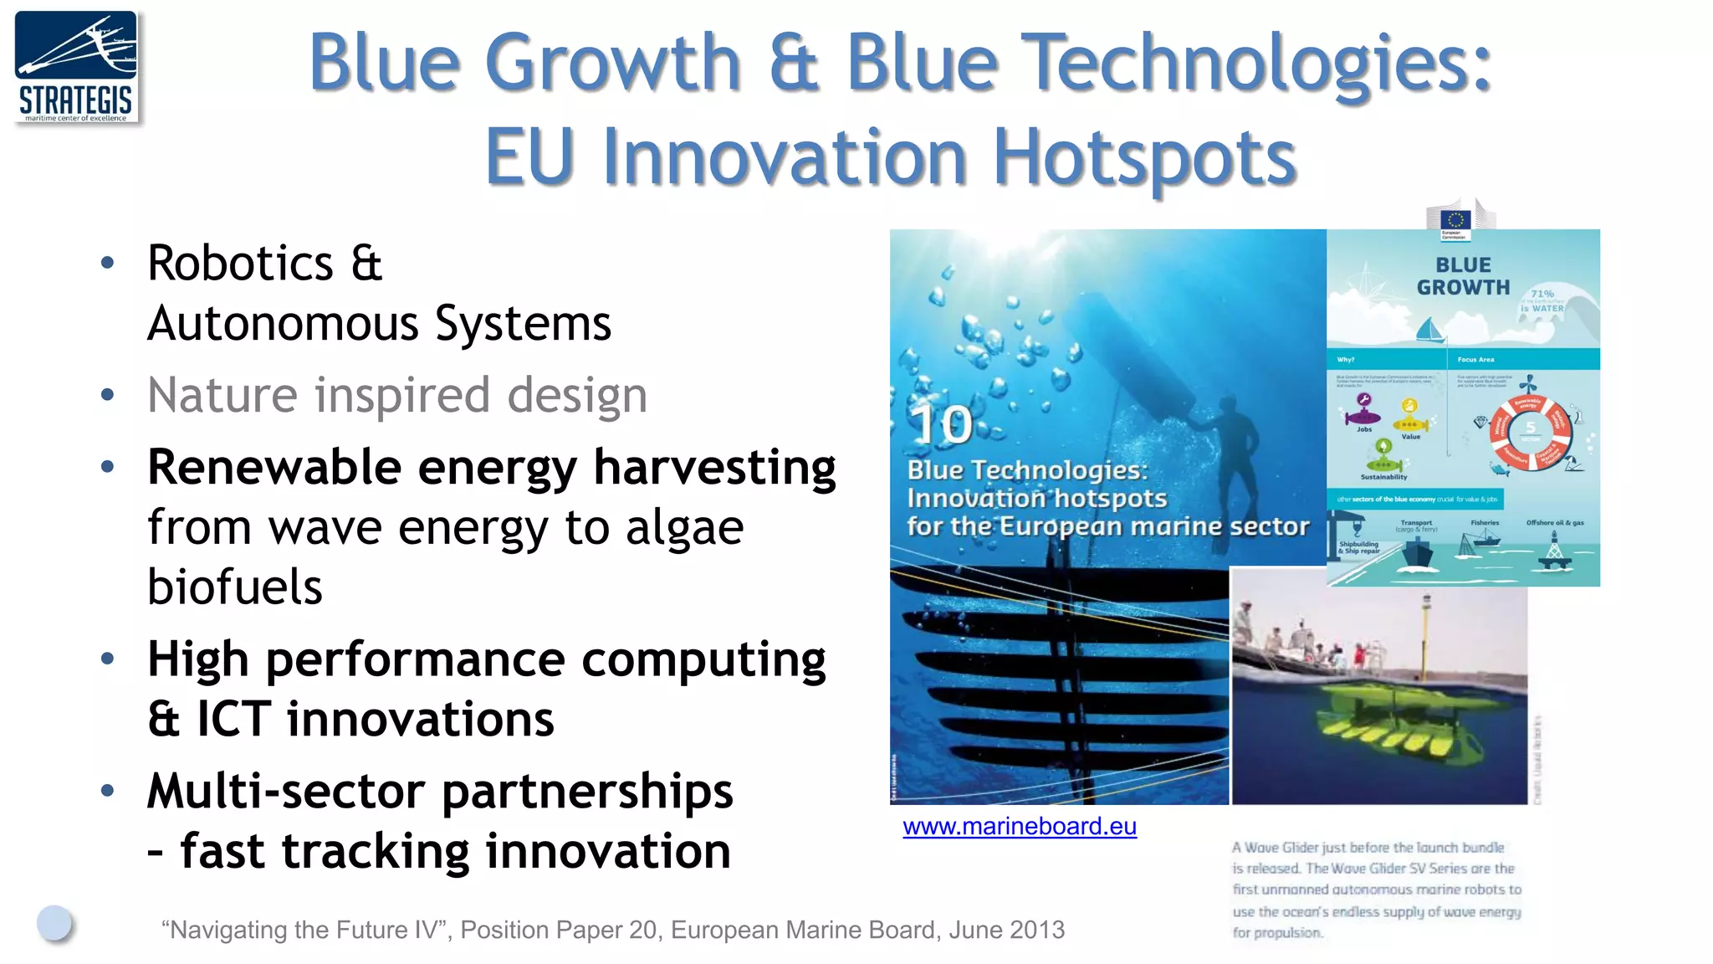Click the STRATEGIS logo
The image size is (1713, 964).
point(76,67)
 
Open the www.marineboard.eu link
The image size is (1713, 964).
point(1019,827)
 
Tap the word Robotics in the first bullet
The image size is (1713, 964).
point(241,264)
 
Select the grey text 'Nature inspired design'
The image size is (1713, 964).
point(397,395)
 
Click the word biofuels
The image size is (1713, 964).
point(235,587)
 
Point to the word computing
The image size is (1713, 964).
point(703,660)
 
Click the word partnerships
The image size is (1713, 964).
point(587,792)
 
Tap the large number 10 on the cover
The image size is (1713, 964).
point(942,425)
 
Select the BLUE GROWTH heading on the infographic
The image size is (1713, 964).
point(1463,276)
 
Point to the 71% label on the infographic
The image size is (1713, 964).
point(1542,294)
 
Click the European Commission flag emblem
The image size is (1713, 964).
point(1455,221)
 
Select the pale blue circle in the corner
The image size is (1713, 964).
point(54,922)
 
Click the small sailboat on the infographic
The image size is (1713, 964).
point(1430,330)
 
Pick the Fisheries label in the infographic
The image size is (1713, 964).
point(1485,523)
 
